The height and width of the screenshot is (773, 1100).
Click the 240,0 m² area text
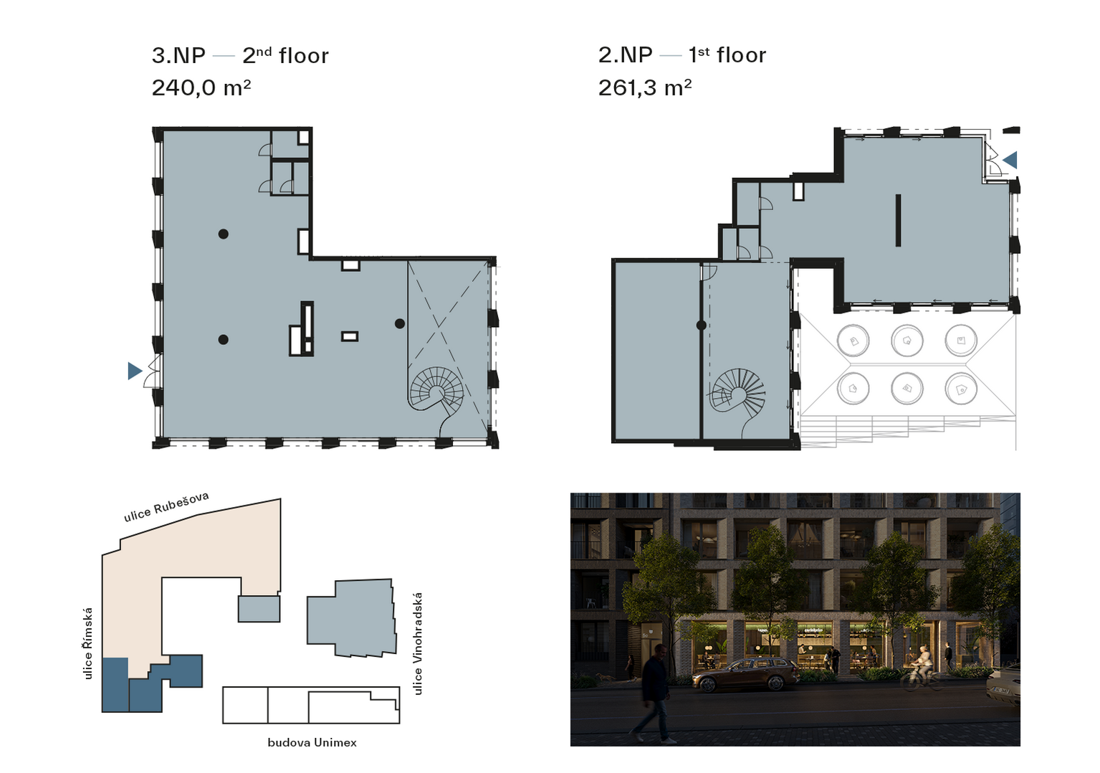[201, 88]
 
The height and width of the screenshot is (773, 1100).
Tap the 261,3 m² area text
[645, 88]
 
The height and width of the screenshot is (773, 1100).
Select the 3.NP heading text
[178, 55]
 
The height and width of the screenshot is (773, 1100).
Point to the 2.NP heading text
[625, 55]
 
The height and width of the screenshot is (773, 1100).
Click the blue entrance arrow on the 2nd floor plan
[135, 371]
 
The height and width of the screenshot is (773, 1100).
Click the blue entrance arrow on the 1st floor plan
[1010, 160]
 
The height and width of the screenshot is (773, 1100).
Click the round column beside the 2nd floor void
[400, 323]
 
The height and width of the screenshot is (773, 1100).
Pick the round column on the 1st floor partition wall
[702, 325]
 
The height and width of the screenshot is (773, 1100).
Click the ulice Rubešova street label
[166, 506]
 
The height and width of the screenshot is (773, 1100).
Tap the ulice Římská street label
[88, 644]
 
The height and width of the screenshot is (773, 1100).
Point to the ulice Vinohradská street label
[417, 644]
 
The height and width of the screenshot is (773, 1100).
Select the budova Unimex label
[312, 742]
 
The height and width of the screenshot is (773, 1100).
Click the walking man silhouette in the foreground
[651, 693]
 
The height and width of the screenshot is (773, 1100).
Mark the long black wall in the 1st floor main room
[898, 220]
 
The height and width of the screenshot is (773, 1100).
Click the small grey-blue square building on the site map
[259, 609]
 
